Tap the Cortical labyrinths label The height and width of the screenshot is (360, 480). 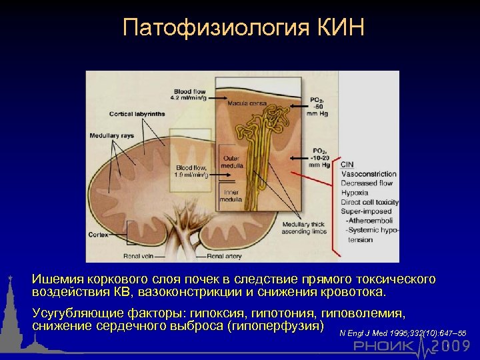pyautogui.click(x=138, y=114)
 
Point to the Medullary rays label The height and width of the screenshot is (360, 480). pyautogui.click(x=111, y=136)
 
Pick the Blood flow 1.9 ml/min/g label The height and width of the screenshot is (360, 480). pyautogui.click(x=192, y=171)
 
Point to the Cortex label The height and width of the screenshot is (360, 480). pyautogui.click(x=99, y=235)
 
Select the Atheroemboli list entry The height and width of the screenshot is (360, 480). pyautogui.click(x=370, y=220)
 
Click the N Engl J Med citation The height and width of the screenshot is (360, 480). pyautogui.click(x=402, y=333)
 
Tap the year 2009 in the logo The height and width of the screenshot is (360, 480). pyautogui.click(x=450, y=346)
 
